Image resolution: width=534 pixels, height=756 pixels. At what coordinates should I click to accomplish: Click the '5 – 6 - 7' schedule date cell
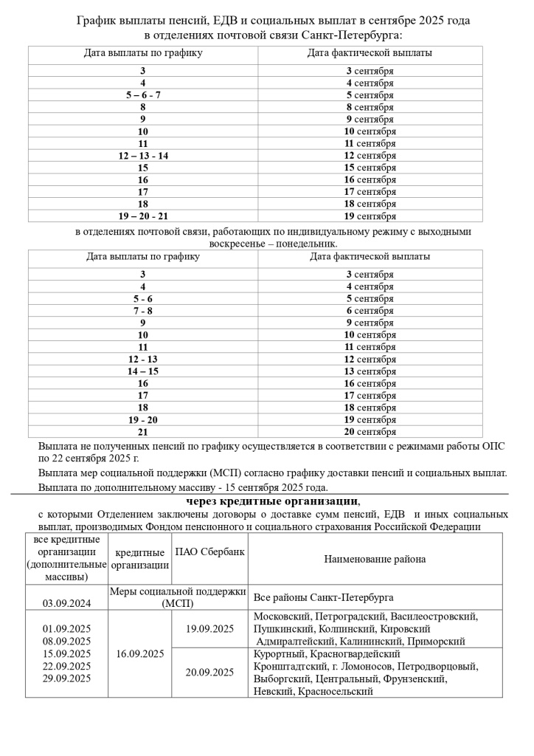[x=143, y=95]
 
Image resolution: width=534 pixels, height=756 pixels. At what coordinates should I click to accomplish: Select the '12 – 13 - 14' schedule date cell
[x=143, y=156]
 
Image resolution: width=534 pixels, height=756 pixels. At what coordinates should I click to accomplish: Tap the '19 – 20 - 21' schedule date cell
[x=143, y=216]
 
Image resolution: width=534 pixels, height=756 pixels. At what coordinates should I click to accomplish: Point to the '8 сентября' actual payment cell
[x=370, y=107]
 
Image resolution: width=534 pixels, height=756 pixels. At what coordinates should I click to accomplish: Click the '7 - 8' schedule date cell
[x=143, y=311]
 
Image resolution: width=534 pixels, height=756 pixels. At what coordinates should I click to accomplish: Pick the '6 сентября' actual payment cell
[x=370, y=311]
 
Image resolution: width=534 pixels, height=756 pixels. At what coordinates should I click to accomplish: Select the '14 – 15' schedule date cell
[x=143, y=371]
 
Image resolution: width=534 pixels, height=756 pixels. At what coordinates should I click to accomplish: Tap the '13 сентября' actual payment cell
[x=370, y=371]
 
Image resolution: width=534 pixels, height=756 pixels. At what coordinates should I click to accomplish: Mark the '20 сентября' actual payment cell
[x=370, y=432]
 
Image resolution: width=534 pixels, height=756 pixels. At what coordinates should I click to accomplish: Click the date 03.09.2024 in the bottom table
[x=66, y=603]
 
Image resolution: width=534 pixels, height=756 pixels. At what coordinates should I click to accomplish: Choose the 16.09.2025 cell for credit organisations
[x=139, y=653]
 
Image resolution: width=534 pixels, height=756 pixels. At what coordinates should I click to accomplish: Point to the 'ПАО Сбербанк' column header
[x=210, y=552]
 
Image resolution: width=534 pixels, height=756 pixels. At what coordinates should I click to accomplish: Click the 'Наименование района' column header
[x=375, y=559]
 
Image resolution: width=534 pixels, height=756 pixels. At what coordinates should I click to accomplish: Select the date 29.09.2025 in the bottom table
[x=66, y=678]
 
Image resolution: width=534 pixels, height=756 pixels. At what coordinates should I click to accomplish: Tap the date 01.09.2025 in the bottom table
[x=66, y=628]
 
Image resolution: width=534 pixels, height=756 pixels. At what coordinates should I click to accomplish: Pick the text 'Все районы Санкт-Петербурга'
[x=323, y=597]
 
